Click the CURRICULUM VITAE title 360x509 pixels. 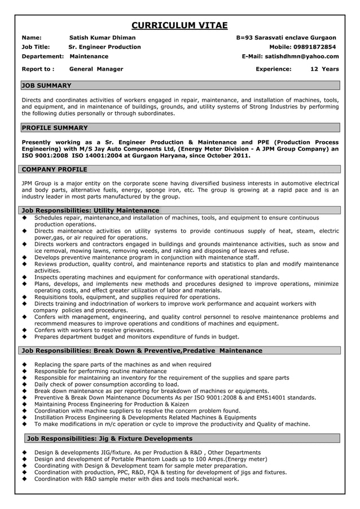[179, 25]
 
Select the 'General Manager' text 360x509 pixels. [96, 69]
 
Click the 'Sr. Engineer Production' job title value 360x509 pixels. [104, 47]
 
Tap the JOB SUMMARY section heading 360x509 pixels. [46, 85]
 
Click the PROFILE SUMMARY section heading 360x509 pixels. [54, 128]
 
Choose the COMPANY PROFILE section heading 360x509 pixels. [54, 169]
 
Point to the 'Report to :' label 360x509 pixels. [38, 69]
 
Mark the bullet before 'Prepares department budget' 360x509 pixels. [25, 337]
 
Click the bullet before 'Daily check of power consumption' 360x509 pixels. [25, 384]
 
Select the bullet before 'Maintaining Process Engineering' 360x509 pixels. [25, 404]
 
